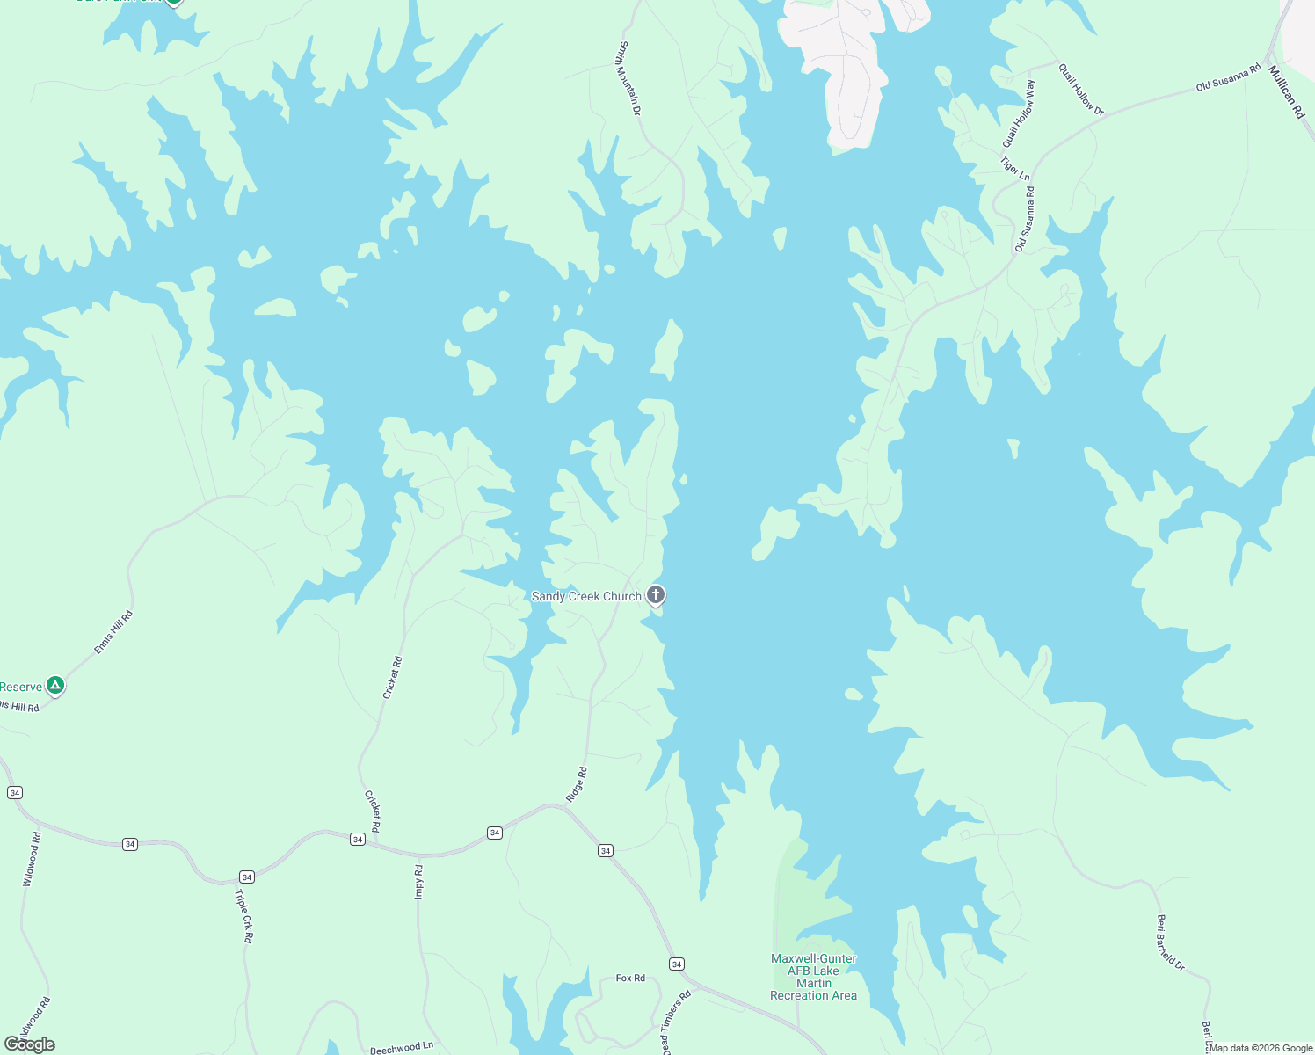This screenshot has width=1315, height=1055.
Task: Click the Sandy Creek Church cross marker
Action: tap(655, 595)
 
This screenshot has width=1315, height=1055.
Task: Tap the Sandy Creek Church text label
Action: tap(586, 596)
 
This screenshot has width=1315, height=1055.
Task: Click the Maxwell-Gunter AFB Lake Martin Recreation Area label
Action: tap(813, 977)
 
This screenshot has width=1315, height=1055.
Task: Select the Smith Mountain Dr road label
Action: tap(629, 78)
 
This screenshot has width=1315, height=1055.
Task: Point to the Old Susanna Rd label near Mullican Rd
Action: tap(1228, 77)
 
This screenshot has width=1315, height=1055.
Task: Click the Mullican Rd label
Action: tap(1286, 91)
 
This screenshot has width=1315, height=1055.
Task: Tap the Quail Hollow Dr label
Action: tap(1081, 90)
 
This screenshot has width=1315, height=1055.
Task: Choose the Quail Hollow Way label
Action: tap(1020, 114)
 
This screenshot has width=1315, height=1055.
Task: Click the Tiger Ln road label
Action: tap(1015, 168)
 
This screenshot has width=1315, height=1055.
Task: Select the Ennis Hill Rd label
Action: tap(113, 632)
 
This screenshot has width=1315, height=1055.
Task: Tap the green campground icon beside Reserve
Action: tap(55, 685)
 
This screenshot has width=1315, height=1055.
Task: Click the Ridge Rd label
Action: tap(577, 784)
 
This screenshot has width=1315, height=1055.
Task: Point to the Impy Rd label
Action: tap(419, 882)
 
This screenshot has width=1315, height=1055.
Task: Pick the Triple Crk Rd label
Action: tap(243, 916)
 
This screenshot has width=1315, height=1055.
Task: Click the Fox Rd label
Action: tap(630, 978)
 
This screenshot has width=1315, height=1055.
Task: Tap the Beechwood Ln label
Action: tap(402, 1048)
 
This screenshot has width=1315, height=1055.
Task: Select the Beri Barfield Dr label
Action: tap(1170, 942)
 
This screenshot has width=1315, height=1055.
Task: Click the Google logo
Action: tap(30, 1044)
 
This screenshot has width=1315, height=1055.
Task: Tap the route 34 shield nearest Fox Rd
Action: tap(676, 964)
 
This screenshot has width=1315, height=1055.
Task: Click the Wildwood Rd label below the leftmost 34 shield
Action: tap(32, 859)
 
